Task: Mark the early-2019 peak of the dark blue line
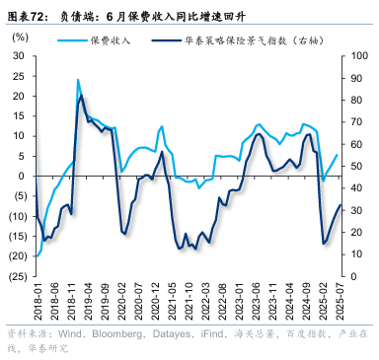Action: click(81, 95)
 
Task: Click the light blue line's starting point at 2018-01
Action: click(36, 255)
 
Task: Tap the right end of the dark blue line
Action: click(341, 205)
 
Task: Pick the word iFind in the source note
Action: click(220, 333)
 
